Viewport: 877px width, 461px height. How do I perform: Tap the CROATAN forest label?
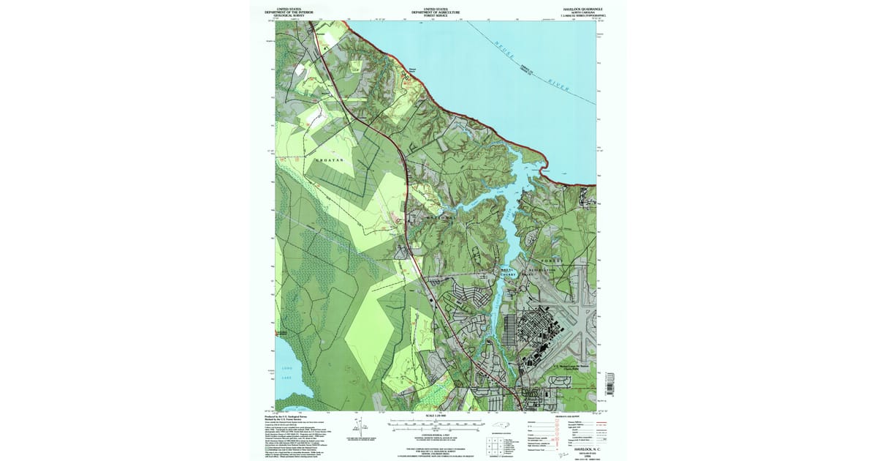coord(328,159)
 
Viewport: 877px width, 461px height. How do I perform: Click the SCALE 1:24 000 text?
coord(436,416)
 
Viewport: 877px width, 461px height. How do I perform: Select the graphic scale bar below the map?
coord(436,423)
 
